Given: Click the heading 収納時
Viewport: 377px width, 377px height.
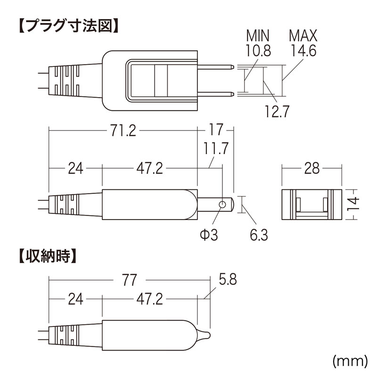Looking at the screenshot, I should (x=47, y=257).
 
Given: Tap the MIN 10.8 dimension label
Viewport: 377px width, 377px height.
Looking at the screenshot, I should (x=258, y=42).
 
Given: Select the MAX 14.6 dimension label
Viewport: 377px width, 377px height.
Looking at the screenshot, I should (x=303, y=42).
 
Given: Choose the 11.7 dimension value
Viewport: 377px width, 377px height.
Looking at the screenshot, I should (x=216, y=148).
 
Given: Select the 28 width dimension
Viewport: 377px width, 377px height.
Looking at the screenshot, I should (x=312, y=167).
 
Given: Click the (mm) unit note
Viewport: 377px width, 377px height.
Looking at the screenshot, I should (x=350, y=361).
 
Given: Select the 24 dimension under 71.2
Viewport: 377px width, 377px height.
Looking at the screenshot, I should (x=75, y=168).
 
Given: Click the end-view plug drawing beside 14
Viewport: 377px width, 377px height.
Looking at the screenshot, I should (x=311, y=205).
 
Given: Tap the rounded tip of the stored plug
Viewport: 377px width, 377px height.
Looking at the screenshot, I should (x=205, y=335).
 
